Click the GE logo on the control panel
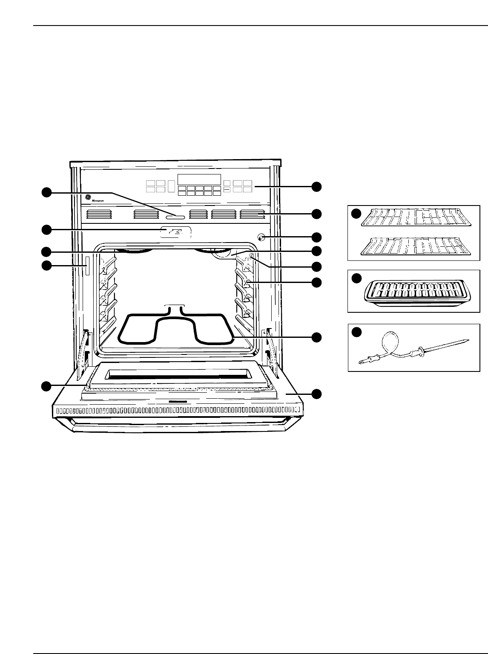[x=88, y=197]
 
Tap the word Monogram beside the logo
[x=98, y=199]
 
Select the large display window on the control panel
[x=199, y=179]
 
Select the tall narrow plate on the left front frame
[x=88, y=267]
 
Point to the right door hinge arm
[x=271, y=351]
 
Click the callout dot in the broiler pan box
[x=356, y=278]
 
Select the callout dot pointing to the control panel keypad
[x=316, y=186]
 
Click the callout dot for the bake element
[x=316, y=337]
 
